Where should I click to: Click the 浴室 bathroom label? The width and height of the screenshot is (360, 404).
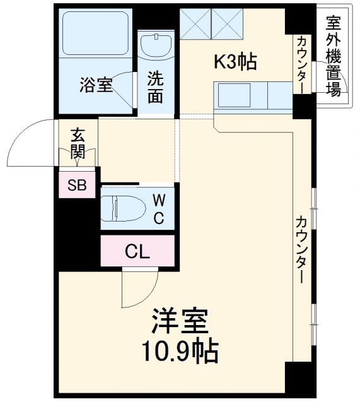tap(96, 85)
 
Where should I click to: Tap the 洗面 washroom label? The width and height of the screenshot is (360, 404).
tap(156, 87)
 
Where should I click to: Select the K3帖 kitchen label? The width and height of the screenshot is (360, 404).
tap(235, 62)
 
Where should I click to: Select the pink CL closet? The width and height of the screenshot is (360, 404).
tap(137, 252)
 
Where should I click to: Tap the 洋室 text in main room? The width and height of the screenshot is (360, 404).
tap(180, 321)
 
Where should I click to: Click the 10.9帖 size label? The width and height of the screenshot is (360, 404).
tap(180, 351)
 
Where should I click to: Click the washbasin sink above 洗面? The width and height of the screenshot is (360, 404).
tap(155, 45)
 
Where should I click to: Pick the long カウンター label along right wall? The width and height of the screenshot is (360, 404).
tap(301, 249)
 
